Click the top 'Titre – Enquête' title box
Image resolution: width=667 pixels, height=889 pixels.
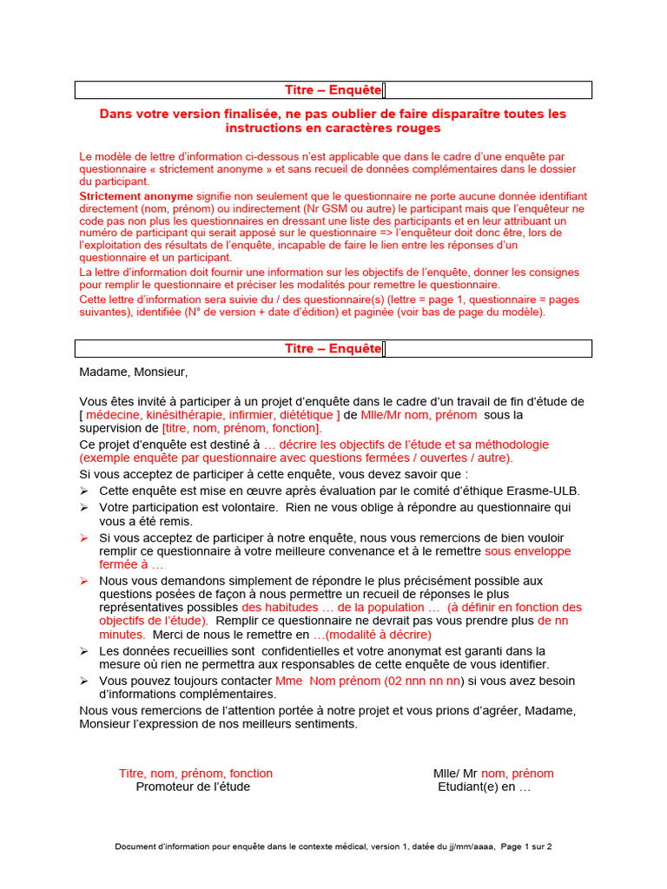[x=333, y=90]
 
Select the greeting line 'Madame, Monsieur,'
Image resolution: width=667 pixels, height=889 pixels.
[x=133, y=372]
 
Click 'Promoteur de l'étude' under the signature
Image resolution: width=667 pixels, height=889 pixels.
[x=193, y=787]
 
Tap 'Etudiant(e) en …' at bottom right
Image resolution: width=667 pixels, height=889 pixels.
[x=484, y=787]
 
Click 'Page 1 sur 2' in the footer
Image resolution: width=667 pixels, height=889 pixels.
[x=526, y=846]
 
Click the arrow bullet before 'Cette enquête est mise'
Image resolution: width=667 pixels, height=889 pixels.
[x=84, y=491]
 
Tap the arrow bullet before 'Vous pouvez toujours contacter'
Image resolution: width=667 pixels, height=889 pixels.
[x=84, y=681]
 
